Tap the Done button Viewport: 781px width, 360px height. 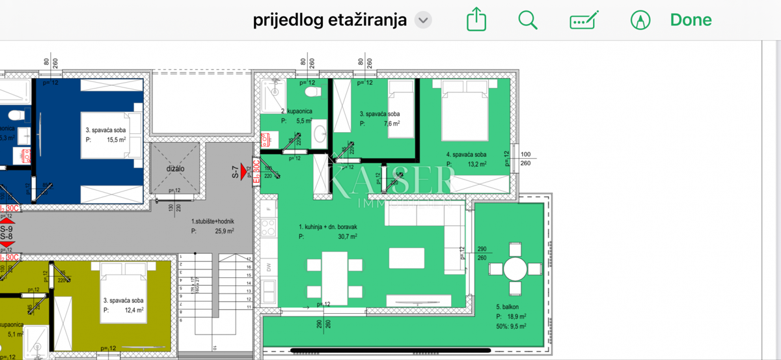[x=691, y=20]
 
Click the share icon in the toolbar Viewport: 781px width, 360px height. [x=476, y=20]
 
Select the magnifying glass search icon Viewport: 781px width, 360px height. [x=528, y=20]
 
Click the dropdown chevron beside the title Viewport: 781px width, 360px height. [x=423, y=20]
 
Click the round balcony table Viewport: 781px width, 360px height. [x=515, y=270]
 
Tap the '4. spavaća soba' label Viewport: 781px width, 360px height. [x=466, y=155]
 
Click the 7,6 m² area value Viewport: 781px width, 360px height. [x=390, y=124]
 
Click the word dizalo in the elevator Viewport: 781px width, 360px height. [x=175, y=168]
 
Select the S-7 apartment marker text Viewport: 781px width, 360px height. [x=236, y=172]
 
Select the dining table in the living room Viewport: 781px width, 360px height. [x=336, y=277]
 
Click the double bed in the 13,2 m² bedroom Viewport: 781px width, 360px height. [x=465, y=111]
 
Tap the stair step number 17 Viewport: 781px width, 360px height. [x=249, y=258]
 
